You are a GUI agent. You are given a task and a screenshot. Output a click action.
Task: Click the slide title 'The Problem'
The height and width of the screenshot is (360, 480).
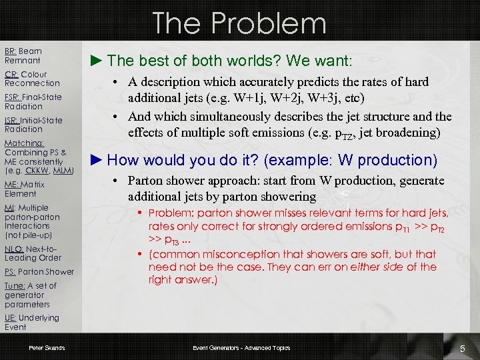pos(239,23)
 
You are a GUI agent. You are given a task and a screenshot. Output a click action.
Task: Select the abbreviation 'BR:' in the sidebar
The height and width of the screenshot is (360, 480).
pos(11,51)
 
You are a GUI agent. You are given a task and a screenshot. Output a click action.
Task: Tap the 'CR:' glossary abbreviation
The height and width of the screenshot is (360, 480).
pos(11,75)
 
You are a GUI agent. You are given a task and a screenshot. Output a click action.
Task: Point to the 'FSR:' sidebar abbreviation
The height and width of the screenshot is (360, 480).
pos(13,97)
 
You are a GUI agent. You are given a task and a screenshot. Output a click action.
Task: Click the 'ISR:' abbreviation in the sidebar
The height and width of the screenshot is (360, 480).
pos(12,120)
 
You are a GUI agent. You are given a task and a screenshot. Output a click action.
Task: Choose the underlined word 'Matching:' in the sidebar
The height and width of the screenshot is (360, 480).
pos(24,143)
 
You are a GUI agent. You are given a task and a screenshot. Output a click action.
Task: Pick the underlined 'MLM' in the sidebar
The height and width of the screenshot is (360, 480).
pos(62,171)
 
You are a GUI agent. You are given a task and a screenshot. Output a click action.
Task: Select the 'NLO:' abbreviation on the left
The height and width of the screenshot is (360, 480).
pos(14,249)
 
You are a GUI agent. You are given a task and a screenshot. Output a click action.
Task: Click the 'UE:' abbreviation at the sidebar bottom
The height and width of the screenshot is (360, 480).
pos(11,318)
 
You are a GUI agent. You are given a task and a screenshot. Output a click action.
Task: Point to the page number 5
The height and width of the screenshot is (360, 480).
pos(462,348)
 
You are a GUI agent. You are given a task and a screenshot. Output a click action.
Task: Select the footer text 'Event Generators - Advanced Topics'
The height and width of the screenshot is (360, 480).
pos(241,348)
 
